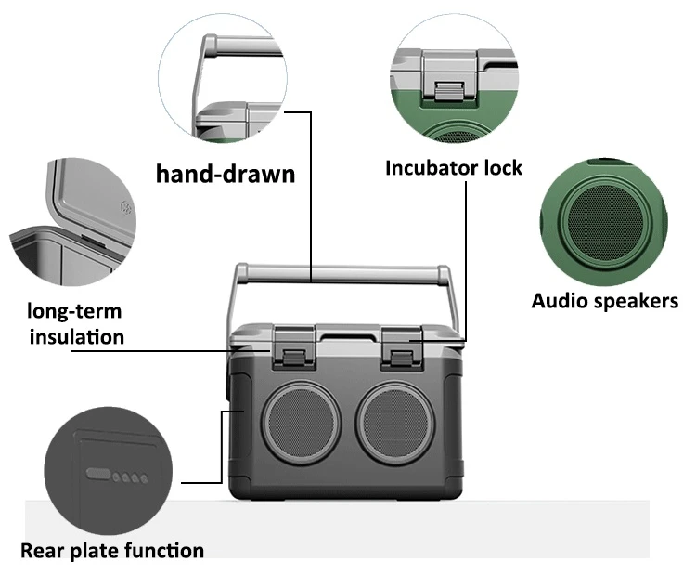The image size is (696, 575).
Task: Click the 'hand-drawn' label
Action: click(x=226, y=174)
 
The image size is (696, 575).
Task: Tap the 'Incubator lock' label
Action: click(x=454, y=168)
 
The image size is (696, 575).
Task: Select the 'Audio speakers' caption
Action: click(x=604, y=301)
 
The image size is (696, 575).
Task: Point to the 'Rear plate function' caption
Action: click(x=112, y=551)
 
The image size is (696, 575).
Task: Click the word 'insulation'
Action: click(x=77, y=337)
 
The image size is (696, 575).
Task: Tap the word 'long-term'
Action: click(x=74, y=310)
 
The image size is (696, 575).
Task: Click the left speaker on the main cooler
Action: click(x=302, y=422)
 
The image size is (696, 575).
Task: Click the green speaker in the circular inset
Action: click(x=605, y=220)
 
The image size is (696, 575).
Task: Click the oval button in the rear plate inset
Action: click(x=98, y=474)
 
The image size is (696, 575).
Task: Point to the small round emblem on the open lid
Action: click(x=127, y=208)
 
